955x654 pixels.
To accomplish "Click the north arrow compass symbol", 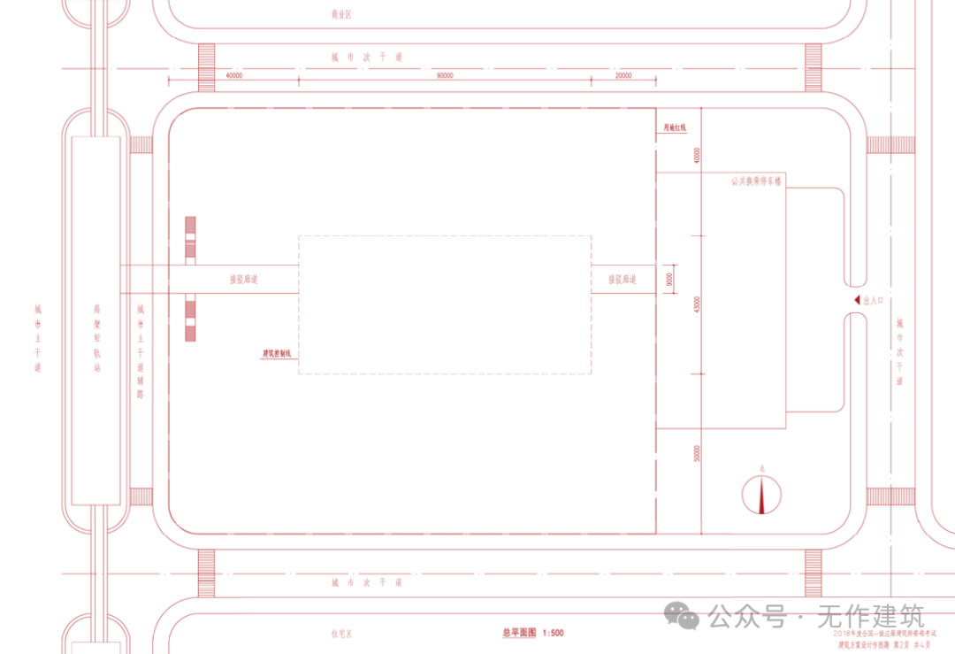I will pyautogui.click(x=761, y=495).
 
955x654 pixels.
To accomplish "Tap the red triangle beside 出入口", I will pyautogui.click(x=857, y=301).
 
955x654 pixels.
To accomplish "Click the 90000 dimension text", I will pyautogui.click(x=445, y=76).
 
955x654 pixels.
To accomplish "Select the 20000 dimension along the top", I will pyautogui.click(x=623, y=76).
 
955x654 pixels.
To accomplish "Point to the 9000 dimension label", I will pyautogui.click(x=669, y=281).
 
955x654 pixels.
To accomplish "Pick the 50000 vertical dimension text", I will pyautogui.click(x=698, y=454).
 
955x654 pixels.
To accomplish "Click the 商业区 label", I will pyautogui.click(x=341, y=14).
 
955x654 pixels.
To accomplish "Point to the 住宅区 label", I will pyautogui.click(x=341, y=634).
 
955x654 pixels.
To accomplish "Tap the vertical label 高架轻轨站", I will pyautogui.click(x=97, y=337).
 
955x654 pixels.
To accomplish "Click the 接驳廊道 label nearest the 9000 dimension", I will pyautogui.click(x=623, y=279).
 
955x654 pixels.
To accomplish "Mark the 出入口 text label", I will pyautogui.click(x=874, y=301).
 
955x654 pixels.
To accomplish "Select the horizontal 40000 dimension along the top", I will pyautogui.click(x=234, y=76).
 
